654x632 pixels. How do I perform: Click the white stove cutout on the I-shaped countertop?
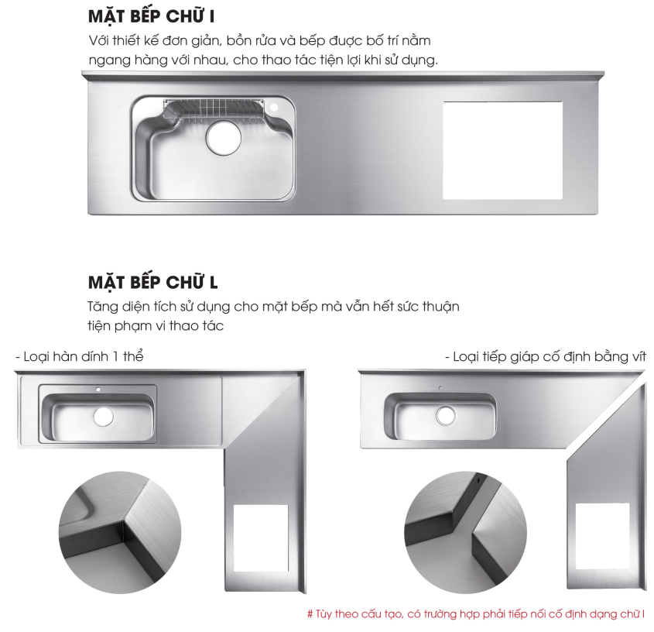(502, 148)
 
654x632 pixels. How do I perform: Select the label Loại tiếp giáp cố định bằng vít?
(544, 356)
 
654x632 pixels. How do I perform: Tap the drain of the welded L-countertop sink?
(102, 416)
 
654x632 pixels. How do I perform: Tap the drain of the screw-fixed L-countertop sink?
(445, 415)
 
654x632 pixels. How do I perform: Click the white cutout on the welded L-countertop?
(260, 538)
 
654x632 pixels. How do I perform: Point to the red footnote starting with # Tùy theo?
(476, 614)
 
